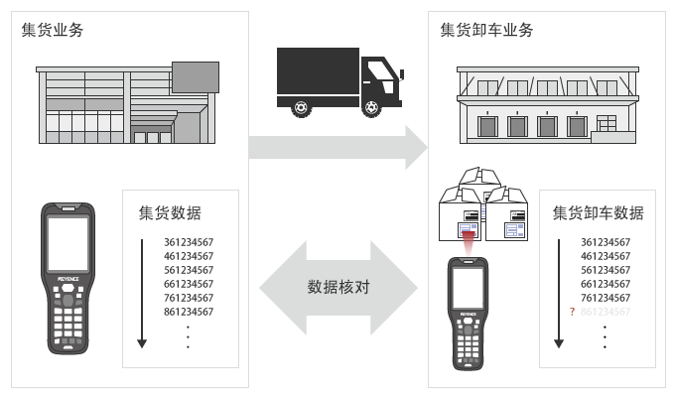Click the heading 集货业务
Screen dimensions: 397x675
coord(52,30)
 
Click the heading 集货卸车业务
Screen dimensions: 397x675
coord(486,30)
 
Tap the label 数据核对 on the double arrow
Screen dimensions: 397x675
coord(338,288)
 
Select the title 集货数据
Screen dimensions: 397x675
coord(176,213)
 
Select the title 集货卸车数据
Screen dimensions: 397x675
coord(598,213)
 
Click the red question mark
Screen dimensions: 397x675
coord(572,312)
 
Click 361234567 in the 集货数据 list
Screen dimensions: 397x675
coord(189,242)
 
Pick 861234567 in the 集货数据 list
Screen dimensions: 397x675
coord(189,312)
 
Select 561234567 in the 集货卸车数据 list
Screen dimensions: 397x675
coord(606,270)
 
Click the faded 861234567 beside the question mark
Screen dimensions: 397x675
coord(606,312)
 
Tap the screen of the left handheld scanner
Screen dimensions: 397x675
coord(68,244)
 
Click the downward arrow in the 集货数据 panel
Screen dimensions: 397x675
coord(142,293)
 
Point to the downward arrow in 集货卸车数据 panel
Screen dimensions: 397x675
coord(559,293)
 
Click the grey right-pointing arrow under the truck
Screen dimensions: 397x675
coord(337,147)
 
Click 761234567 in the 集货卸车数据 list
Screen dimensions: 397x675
coord(606,298)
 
